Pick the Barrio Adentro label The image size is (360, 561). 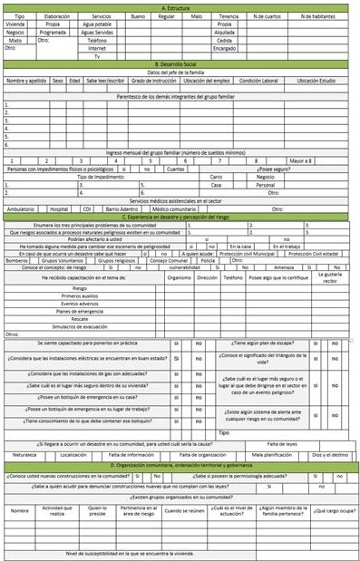pyautogui.click(x=121, y=208)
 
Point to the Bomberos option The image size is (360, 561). pyautogui.click(x=18, y=259)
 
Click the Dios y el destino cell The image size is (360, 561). pyautogui.click(x=328, y=453)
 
